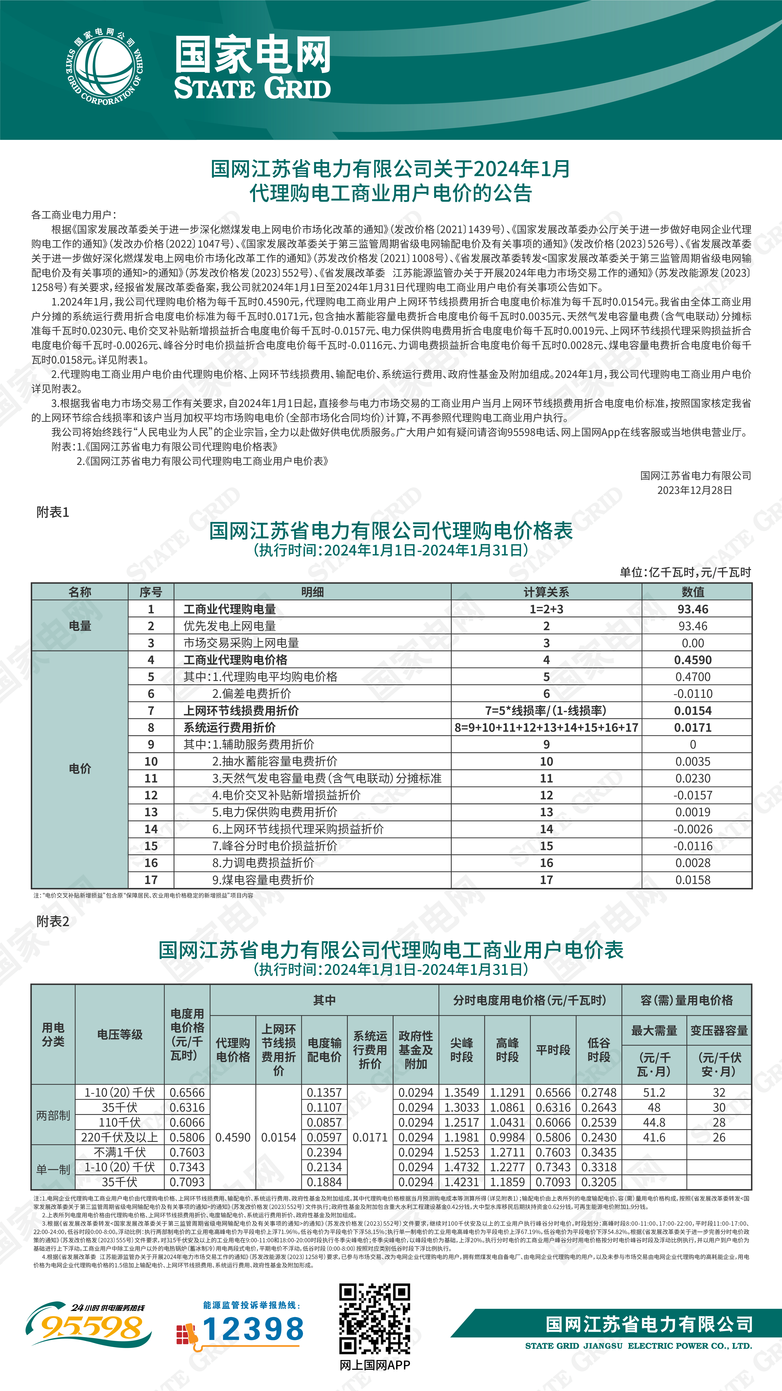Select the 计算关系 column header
[x=546, y=592]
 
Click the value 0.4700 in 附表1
[x=693, y=677]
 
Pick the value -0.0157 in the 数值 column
[x=693, y=795]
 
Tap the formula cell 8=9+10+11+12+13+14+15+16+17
[x=546, y=727]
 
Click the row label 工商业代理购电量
[x=230, y=609]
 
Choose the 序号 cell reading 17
[x=151, y=880]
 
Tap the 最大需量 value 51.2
[x=654, y=1092]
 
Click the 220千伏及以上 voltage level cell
[x=120, y=1137]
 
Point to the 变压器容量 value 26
[x=719, y=1137]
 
